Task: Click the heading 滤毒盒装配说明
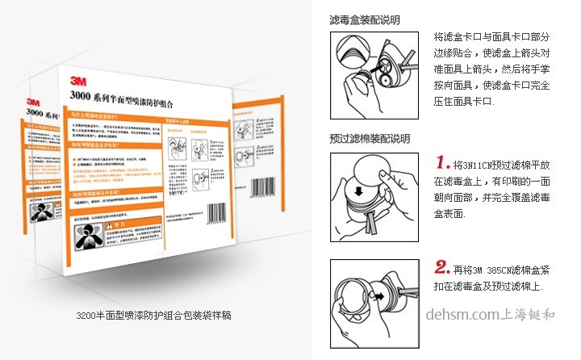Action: [x=365, y=19]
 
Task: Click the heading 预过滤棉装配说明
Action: [x=370, y=139]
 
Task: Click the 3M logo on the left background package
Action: [x=33, y=103]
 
